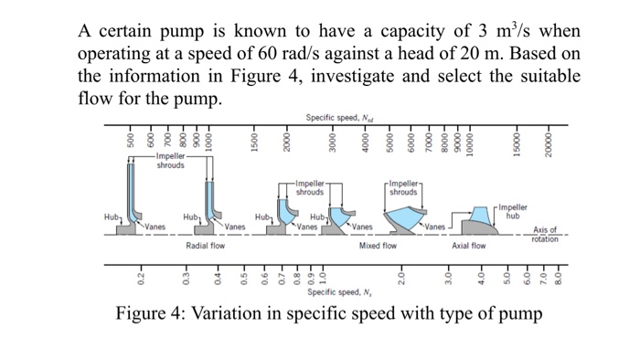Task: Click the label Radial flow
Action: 205,246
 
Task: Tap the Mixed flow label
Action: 378,246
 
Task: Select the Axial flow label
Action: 469,246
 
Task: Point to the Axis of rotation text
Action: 545,234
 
